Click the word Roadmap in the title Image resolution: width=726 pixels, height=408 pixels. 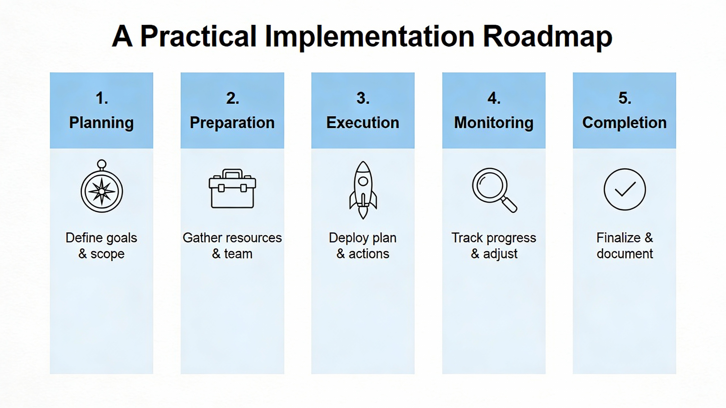tap(547, 36)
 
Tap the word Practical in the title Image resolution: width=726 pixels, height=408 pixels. tap(199, 36)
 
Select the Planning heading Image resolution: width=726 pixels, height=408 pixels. tap(102, 123)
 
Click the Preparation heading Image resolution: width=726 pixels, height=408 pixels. tap(232, 123)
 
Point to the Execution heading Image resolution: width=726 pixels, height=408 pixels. tap(363, 122)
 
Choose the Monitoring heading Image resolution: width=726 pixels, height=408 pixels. tap(494, 123)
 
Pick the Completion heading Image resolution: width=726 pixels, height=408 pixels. tap(624, 123)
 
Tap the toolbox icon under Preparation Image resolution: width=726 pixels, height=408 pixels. tap(232, 189)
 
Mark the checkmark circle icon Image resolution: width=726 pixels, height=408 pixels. tap(625, 189)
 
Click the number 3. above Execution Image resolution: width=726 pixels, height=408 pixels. tap(363, 98)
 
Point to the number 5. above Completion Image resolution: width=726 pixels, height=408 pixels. tap(625, 98)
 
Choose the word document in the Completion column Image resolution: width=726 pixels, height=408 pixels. tap(625, 254)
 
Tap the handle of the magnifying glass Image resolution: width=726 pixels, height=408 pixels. tap(509, 205)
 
